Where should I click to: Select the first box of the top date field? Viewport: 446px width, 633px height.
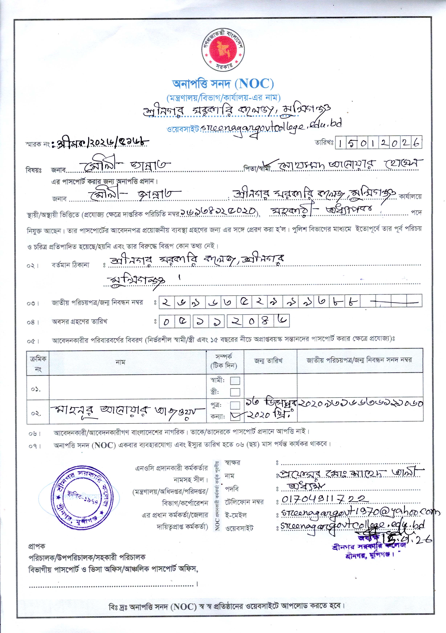(341, 143)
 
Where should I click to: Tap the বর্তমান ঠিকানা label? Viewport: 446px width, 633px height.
(71, 265)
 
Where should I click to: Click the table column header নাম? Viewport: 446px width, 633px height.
(120, 362)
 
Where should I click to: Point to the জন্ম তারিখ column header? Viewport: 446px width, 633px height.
(268, 361)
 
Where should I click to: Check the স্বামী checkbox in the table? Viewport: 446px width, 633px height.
(235, 381)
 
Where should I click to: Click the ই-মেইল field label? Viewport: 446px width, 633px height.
(236, 515)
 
